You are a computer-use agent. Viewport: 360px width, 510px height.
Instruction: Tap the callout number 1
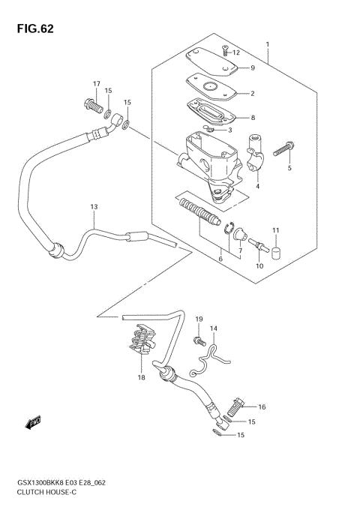267,45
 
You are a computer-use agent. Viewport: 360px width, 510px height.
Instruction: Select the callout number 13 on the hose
94,206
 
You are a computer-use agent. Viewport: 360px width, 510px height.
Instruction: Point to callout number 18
140,378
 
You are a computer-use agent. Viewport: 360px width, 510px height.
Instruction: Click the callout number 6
220,259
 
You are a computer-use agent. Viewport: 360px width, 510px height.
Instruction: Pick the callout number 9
253,68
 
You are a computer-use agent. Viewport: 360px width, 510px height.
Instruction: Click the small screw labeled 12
225,51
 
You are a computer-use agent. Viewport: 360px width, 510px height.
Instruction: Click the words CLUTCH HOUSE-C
46,490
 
